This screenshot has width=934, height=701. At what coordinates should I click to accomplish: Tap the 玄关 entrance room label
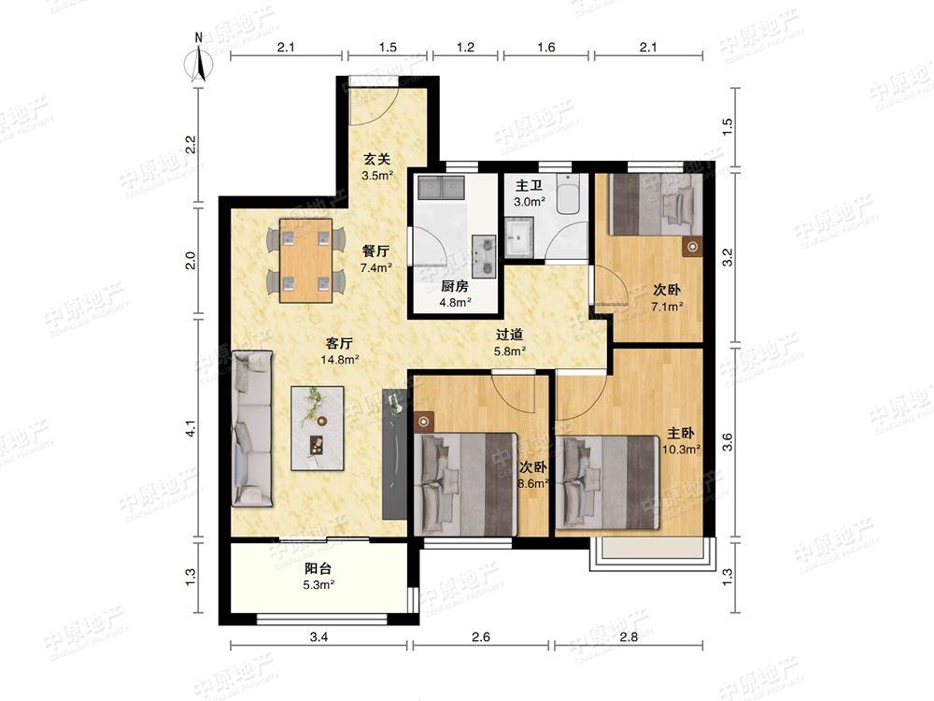(376, 159)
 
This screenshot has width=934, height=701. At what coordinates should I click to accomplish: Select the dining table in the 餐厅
(305, 261)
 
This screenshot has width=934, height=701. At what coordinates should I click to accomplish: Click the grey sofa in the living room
(252, 429)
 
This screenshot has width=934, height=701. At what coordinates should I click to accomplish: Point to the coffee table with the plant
(318, 428)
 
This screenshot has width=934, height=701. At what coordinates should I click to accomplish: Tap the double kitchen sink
(442, 188)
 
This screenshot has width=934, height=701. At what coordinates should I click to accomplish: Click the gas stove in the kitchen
(484, 256)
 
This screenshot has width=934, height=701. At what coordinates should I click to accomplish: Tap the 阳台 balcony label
(318, 568)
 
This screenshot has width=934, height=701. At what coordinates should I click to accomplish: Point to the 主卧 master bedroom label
(680, 434)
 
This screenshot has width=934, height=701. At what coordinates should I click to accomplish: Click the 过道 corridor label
(509, 335)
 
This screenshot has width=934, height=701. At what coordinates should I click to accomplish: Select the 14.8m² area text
(340, 360)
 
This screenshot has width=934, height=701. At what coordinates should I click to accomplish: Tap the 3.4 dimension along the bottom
(318, 637)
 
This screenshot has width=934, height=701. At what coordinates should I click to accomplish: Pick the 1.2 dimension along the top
(465, 47)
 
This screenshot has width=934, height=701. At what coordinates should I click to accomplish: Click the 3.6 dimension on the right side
(728, 442)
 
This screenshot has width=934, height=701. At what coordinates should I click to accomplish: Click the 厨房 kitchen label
(455, 287)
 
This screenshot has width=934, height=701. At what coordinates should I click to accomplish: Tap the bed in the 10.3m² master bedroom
(607, 482)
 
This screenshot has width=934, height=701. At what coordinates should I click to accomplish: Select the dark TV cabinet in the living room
(394, 453)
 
